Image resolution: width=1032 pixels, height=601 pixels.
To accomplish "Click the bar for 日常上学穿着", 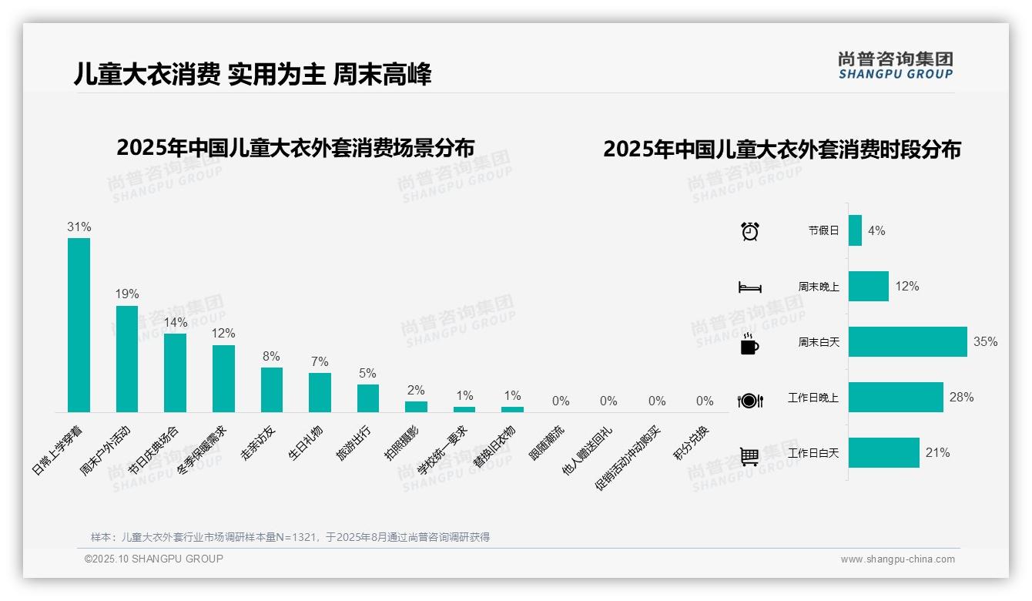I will (x=79, y=324).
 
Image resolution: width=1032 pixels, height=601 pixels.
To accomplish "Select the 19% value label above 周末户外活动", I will (x=127, y=294).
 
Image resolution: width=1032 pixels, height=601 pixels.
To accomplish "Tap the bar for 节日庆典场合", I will (x=175, y=372).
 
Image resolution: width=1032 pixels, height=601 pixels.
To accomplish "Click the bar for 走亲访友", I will (x=271, y=389).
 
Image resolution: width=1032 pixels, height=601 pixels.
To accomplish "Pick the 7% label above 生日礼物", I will (x=320, y=361).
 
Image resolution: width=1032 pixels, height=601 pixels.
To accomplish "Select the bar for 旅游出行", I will (x=367, y=398).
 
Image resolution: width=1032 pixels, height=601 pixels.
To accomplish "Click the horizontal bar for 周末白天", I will (x=907, y=341).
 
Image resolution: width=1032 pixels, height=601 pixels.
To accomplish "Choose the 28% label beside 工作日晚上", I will (x=961, y=397).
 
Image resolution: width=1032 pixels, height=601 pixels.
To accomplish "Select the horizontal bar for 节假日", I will (x=855, y=230).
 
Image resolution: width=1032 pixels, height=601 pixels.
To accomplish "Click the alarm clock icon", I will (x=749, y=231).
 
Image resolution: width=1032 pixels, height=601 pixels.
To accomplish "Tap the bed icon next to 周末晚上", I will (x=749, y=287).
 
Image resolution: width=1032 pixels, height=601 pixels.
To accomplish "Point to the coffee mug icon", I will (x=749, y=344).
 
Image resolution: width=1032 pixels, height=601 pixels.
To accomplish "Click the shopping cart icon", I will (x=749, y=456).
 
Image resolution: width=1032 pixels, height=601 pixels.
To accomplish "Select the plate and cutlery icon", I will (x=749, y=401).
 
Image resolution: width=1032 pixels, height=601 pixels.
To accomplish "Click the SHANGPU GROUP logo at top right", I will (x=895, y=65).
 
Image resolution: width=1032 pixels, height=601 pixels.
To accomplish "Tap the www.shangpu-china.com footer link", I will (x=897, y=559).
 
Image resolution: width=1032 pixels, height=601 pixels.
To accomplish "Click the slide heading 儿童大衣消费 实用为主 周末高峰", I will (x=253, y=74).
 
